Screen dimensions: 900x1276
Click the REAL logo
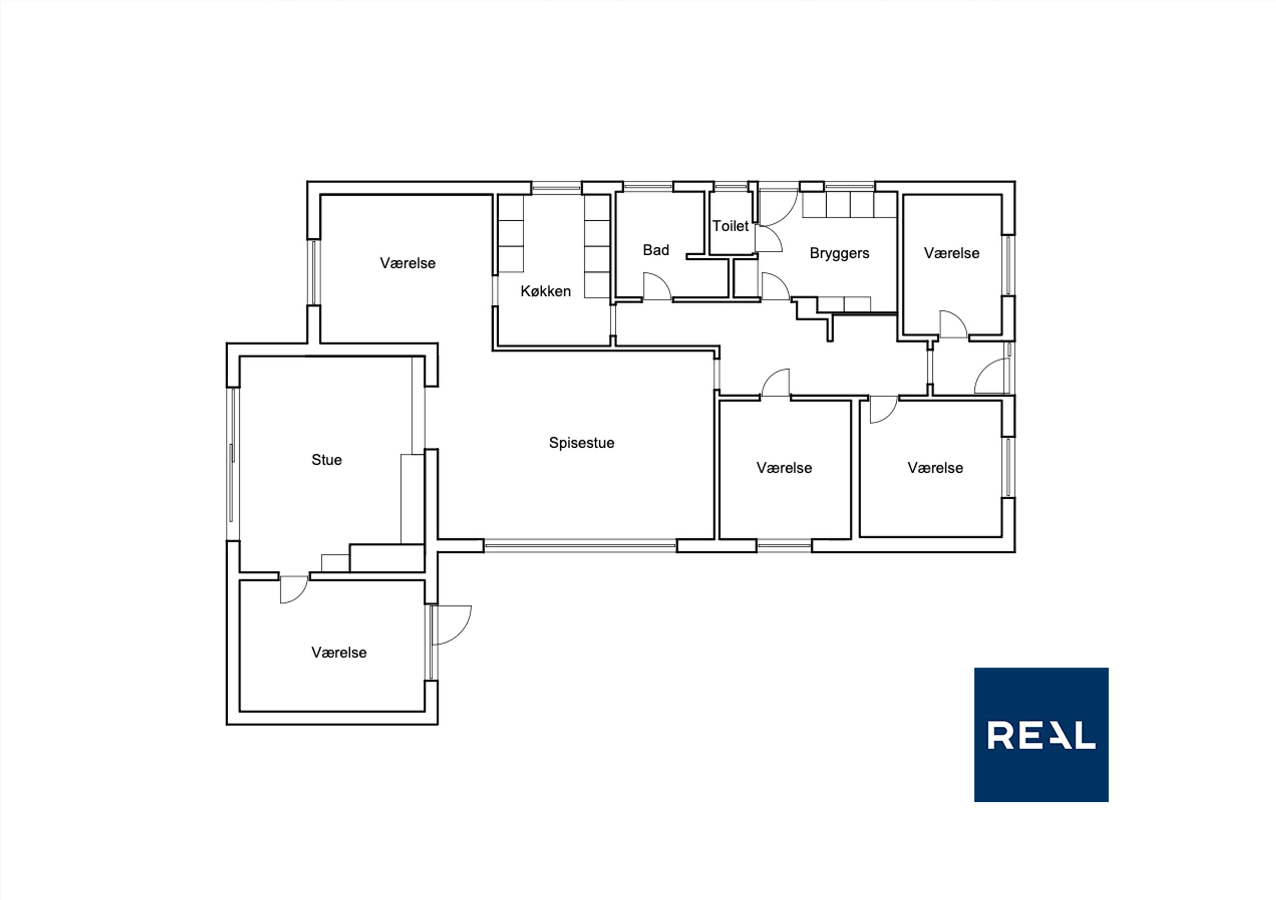click(x=1041, y=735)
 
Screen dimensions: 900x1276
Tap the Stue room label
click(x=326, y=460)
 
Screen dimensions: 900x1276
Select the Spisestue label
click(x=581, y=443)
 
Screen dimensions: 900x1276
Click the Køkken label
click(x=545, y=291)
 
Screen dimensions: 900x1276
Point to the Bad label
click(x=656, y=250)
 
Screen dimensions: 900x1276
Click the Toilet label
click(x=730, y=226)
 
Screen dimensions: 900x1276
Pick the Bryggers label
click(x=839, y=253)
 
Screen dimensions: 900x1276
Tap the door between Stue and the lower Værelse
click(x=293, y=589)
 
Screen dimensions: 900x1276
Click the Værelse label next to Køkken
click(x=407, y=264)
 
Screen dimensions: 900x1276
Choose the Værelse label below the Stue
click(x=339, y=653)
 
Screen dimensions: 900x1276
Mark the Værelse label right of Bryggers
click(x=952, y=253)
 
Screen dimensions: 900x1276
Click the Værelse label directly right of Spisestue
click(x=784, y=468)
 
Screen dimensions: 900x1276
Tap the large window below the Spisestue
click(x=580, y=546)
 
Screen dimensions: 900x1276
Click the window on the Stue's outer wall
click(x=232, y=463)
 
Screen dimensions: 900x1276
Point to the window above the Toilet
click(x=730, y=187)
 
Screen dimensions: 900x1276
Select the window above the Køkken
click(x=557, y=188)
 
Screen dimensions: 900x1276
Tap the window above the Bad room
click(x=648, y=187)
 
